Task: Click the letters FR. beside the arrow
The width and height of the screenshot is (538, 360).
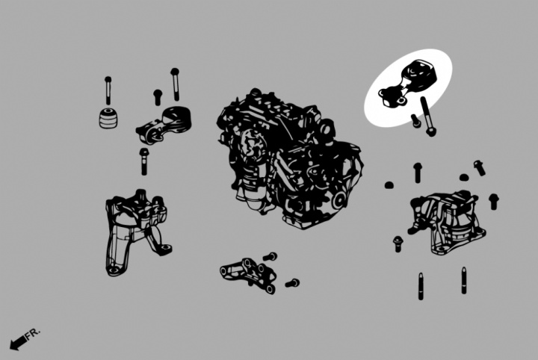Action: tap(33, 333)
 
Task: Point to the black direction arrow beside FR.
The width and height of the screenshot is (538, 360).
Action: tap(18, 343)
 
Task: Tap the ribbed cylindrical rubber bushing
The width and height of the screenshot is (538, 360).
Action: tap(108, 118)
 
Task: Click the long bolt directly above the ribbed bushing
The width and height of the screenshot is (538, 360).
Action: tap(108, 90)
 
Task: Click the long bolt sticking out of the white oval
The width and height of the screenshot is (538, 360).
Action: tap(427, 117)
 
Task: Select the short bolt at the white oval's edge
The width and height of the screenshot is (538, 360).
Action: tap(416, 121)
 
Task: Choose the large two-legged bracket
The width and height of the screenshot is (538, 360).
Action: tap(137, 232)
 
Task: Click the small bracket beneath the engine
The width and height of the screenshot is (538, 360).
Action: tap(248, 275)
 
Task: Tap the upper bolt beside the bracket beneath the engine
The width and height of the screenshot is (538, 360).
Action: tap(270, 256)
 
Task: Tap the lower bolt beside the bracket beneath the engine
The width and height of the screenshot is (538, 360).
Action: tap(292, 283)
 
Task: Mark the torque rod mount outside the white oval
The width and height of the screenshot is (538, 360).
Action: tap(164, 125)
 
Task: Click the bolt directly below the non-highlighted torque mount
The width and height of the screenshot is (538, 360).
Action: tap(143, 161)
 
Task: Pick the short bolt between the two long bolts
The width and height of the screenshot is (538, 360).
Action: tap(158, 97)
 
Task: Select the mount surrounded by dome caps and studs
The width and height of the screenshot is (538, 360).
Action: tap(447, 223)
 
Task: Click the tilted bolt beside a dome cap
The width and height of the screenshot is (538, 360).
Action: tap(479, 168)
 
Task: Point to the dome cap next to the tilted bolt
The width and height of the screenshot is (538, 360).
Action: tap(464, 178)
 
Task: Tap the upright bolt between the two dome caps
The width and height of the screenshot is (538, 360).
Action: tap(418, 173)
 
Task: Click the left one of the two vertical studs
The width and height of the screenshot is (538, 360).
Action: tap(421, 286)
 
